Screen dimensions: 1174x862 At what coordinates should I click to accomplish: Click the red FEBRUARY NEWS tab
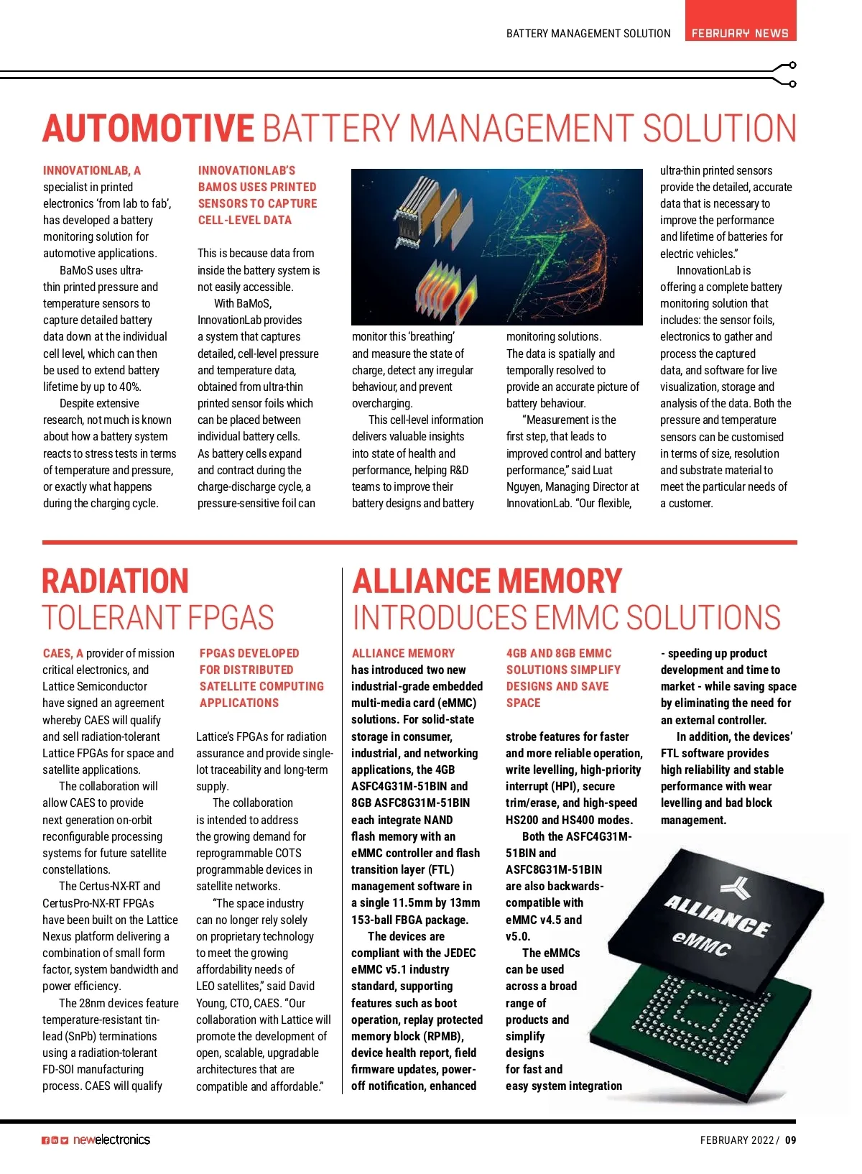(740, 32)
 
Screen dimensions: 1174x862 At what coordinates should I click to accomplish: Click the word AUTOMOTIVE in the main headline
(148, 129)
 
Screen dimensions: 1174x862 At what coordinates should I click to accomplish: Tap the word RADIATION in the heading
(116, 581)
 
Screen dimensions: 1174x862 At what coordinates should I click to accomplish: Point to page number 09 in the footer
(790, 1140)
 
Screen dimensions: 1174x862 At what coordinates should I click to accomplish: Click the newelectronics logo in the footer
(112, 1140)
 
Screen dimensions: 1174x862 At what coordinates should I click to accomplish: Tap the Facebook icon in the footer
(45, 1140)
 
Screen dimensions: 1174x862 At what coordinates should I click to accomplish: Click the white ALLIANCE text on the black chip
(716, 915)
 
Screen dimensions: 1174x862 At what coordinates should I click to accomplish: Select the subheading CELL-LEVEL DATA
(244, 221)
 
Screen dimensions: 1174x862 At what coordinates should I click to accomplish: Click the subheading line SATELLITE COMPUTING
(261, 687)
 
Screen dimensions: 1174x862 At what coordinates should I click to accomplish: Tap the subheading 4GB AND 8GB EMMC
(559, 653)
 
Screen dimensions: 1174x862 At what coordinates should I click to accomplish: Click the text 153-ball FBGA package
(409, 920)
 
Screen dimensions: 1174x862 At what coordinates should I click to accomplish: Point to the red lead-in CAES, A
(63, 653)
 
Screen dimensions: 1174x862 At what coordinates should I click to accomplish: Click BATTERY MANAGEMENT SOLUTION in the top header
(588, 33)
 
